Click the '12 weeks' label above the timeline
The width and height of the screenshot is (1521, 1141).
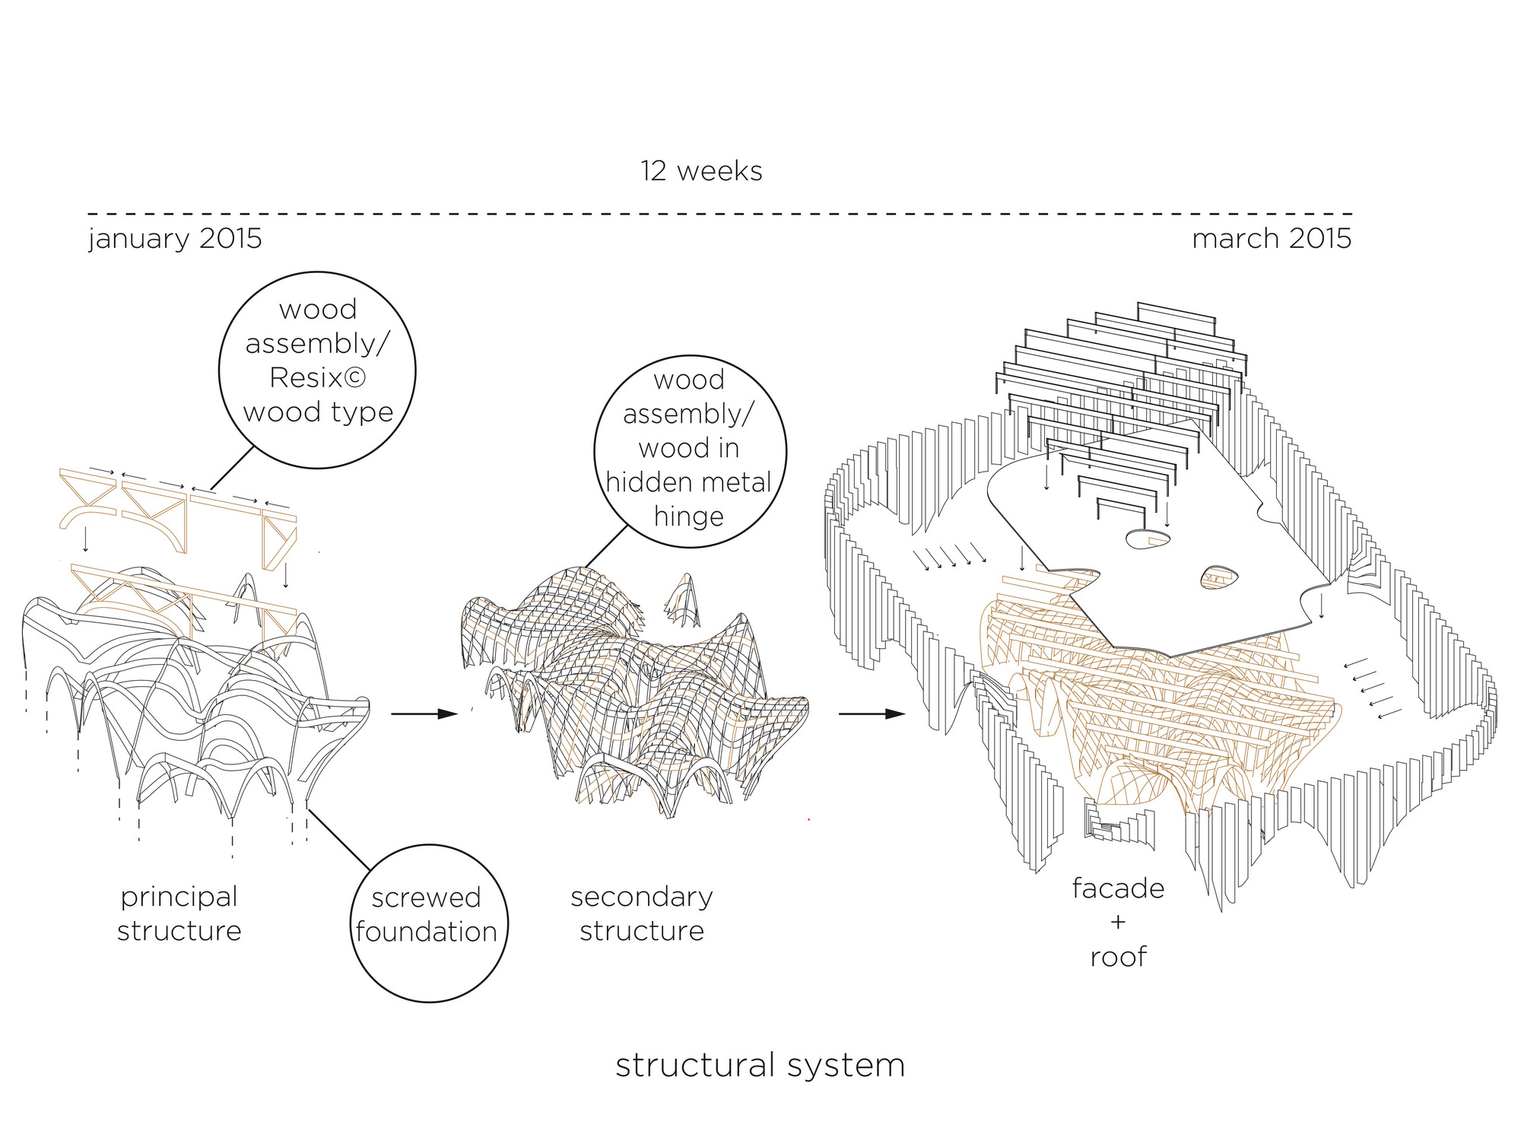[701, 171]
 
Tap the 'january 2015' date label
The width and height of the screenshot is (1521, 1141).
[175, 239]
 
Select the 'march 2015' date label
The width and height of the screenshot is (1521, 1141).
[1272, 239]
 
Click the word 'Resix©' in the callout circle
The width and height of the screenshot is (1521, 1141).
[317, 378]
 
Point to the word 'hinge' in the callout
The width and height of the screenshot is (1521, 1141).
[688, 516]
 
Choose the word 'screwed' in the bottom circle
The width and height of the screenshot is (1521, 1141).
[426, 898]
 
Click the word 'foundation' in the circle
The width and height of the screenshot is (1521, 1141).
[426, 932]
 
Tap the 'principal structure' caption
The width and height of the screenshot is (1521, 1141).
[179, 914]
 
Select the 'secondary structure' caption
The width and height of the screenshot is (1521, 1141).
[642, 914]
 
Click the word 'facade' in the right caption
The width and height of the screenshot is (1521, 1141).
[1118, 888]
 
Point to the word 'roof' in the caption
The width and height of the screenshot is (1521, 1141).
[1118, 957]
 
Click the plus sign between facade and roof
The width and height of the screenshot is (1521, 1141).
[1118, 923]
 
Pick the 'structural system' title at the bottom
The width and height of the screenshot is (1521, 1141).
[760, 1065]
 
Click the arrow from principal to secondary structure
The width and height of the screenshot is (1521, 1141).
[424, 714]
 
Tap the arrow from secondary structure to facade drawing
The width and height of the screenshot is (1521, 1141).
[872, 714]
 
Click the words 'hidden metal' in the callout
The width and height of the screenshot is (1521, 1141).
[688, 482]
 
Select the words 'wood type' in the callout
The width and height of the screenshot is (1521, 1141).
[318, 412]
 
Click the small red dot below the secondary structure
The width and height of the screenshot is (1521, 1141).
[808, 819]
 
